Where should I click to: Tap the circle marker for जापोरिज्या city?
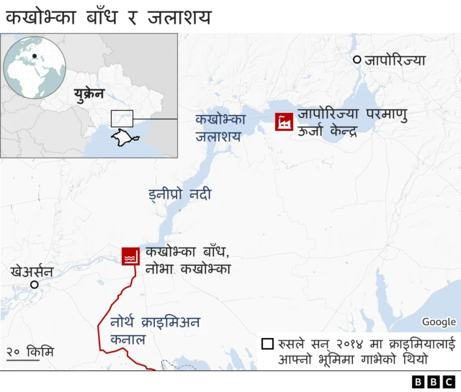pos(356,60)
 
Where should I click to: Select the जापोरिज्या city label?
pos(395,60)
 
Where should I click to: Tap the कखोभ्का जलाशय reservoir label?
pos(221,126)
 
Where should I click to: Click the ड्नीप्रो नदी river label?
pos(179,194)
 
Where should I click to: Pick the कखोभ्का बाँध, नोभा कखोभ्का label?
pos(187,260)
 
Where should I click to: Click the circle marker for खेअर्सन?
pos(33,285)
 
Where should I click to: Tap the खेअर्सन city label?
pos(32,271)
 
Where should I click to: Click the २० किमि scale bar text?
pos(30,352)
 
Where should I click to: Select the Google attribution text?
pos(439,322)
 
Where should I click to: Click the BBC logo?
pos(434,381)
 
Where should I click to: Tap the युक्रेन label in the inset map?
pos(89,94)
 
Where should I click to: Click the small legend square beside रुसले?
pos(267,344)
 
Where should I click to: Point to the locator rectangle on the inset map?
pos(122,118)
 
